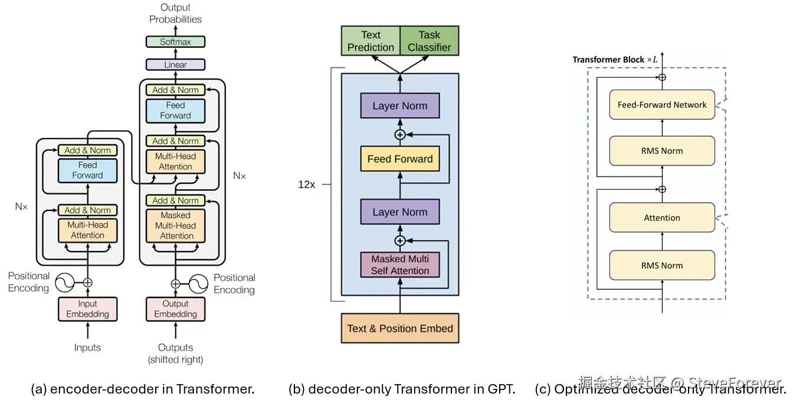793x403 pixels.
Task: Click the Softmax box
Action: pos(175,42)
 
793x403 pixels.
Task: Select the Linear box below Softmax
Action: pos(175,65)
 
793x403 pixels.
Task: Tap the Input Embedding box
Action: pos(87,309)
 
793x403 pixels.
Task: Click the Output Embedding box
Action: pos(175,309)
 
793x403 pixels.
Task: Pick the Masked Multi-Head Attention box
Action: pos(175,225)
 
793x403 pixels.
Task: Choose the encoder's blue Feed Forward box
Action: pos(87,170)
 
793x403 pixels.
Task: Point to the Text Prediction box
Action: pos(371,41)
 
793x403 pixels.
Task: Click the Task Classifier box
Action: pos(429,41)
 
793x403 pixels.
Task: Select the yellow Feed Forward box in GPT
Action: pos(400,159)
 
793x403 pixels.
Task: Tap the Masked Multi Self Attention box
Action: pos(400,265)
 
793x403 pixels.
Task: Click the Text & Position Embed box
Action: pos(400,328)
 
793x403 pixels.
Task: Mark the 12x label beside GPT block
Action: pos(306,184)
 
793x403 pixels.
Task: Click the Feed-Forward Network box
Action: pos(661,105)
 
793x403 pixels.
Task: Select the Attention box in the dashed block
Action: pos(661,217)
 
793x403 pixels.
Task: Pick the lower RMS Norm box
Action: pos(661,265)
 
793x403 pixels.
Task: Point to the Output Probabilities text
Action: pos(175,13)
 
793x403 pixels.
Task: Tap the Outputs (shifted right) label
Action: pos(175,354)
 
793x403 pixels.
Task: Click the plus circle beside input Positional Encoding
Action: pos(87,283)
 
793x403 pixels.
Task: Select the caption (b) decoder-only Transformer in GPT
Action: pos(402,389)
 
